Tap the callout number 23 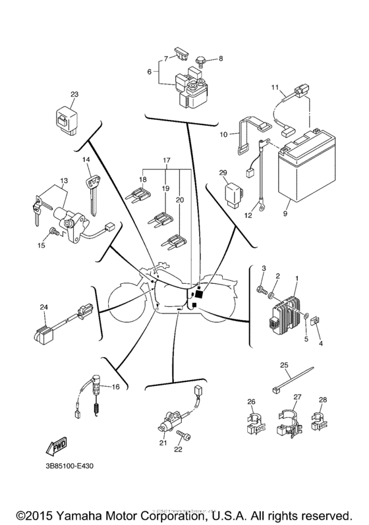74,95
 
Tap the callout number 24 43,307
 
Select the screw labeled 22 185,437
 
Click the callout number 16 116,387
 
